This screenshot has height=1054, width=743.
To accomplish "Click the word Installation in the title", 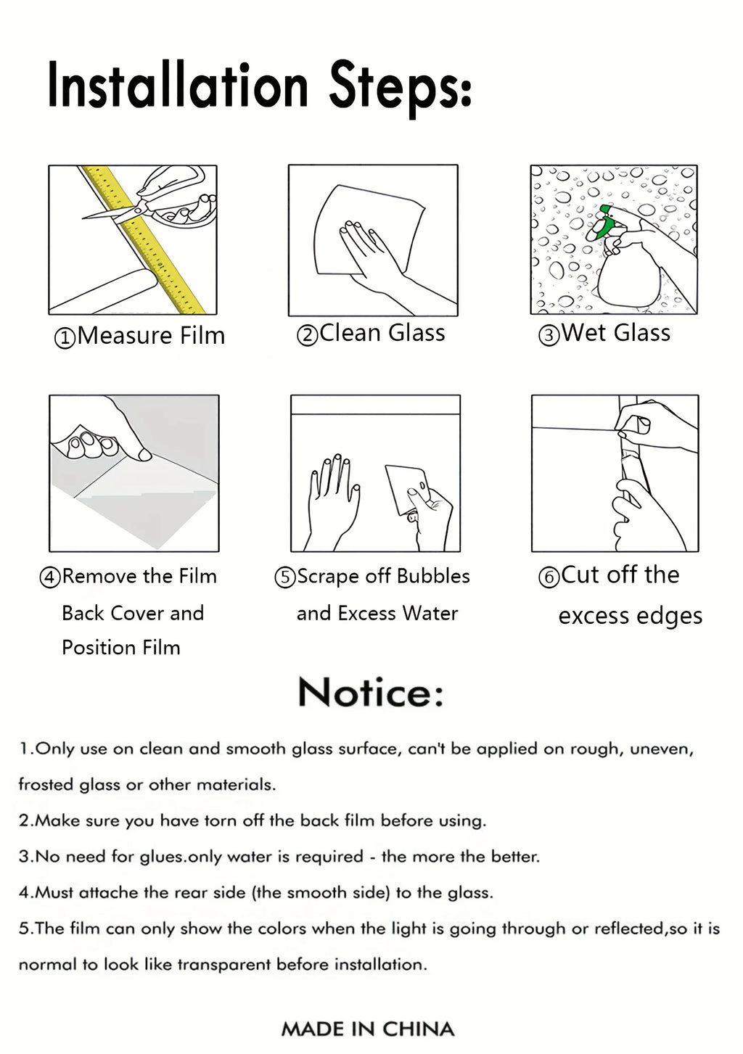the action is coord(178,85).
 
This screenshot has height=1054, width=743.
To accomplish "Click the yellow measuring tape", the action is coord(144,240).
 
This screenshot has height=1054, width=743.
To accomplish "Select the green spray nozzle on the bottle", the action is coord(604,222).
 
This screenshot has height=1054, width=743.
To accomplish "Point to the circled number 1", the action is coord(65,338).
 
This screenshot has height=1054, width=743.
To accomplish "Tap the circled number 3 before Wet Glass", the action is coord(549,336).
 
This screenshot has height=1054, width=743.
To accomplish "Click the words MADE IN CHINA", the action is coord(368,1029).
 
